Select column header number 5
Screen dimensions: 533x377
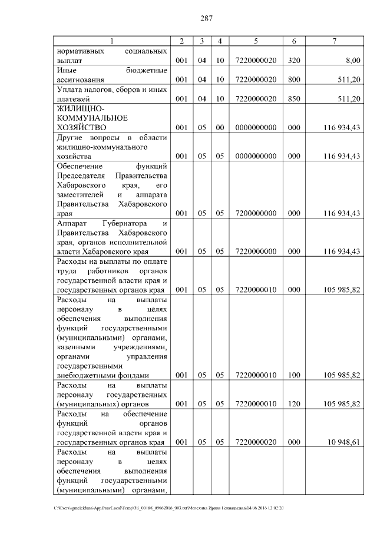pos(256,41)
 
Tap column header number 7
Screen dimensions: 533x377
pos(334,41)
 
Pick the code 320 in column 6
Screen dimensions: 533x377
pos(293,60)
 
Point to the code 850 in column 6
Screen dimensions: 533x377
pos(293,98)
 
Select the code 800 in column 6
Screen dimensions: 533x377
pos(293,80)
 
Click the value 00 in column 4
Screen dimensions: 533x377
pos(220,127)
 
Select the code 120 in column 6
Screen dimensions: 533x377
pos(293,404)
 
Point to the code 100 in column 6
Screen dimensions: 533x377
pos(293,375)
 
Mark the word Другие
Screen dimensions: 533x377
pos(70,137)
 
